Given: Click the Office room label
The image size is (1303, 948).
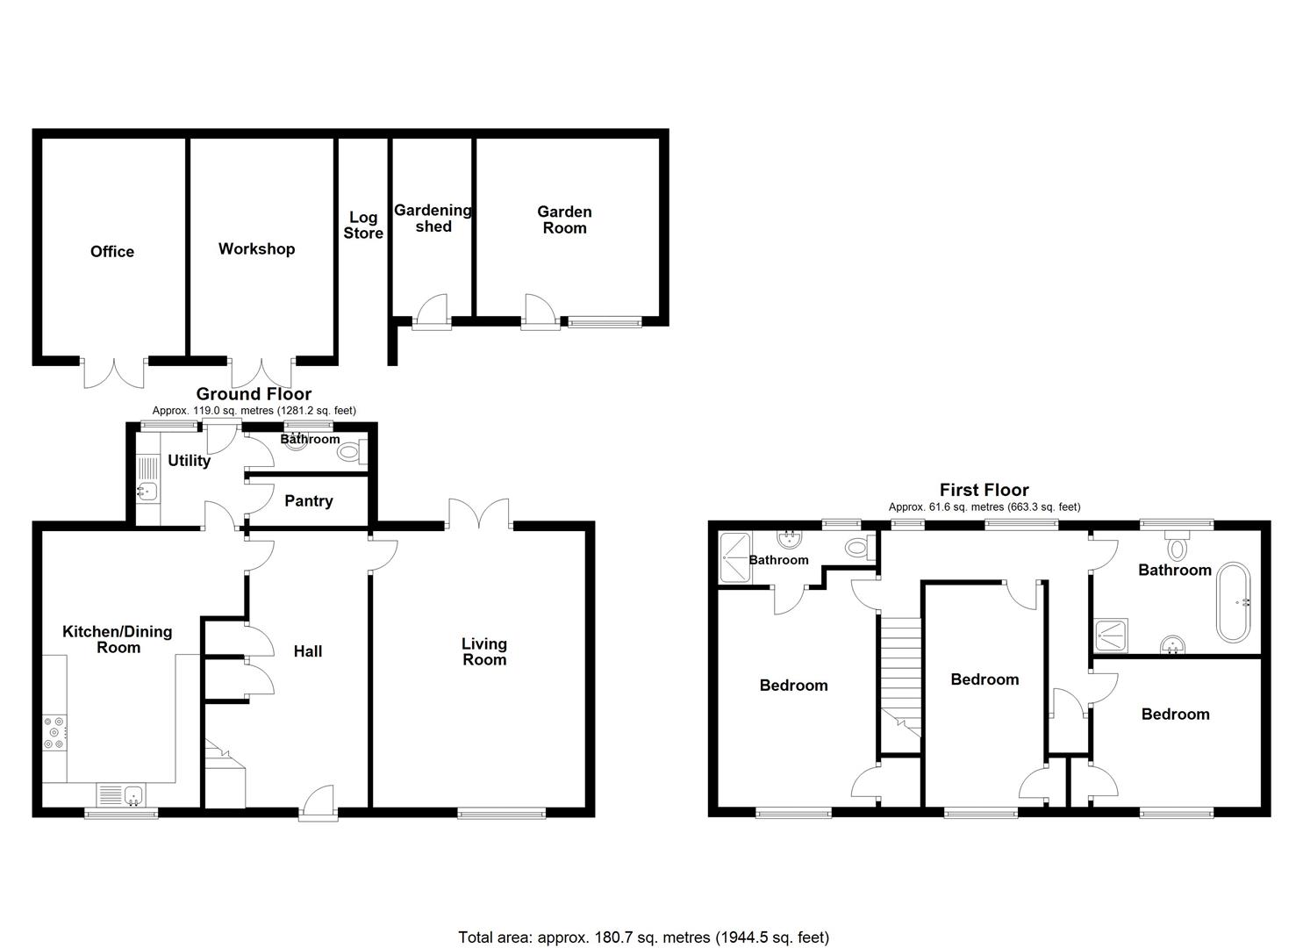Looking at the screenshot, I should (112, 252).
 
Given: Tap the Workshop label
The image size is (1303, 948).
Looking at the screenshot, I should (256, 249).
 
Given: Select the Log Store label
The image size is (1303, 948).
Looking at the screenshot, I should (363, 226).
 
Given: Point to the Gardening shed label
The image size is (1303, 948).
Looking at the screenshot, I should (433, 219).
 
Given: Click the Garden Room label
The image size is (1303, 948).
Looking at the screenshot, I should (564, 219).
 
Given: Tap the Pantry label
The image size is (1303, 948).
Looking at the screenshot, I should (308, 501).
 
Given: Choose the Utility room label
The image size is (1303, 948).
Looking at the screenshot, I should (189, 461).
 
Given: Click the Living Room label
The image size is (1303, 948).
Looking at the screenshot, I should (484, 652).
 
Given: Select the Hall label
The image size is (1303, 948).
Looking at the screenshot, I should (308, 651).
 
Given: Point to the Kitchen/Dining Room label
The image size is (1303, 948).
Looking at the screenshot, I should (118, 640).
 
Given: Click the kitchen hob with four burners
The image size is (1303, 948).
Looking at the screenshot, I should (54, 734).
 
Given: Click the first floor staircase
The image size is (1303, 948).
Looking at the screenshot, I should (900, 676).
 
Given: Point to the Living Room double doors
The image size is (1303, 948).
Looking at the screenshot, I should (479, 515).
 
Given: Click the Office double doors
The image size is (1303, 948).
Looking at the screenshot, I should (114, 372).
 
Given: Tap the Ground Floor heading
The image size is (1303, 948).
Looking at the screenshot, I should (254, 394).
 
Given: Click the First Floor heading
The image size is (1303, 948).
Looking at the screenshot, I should (984, 490).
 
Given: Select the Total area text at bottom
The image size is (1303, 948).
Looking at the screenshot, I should (643, 937).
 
